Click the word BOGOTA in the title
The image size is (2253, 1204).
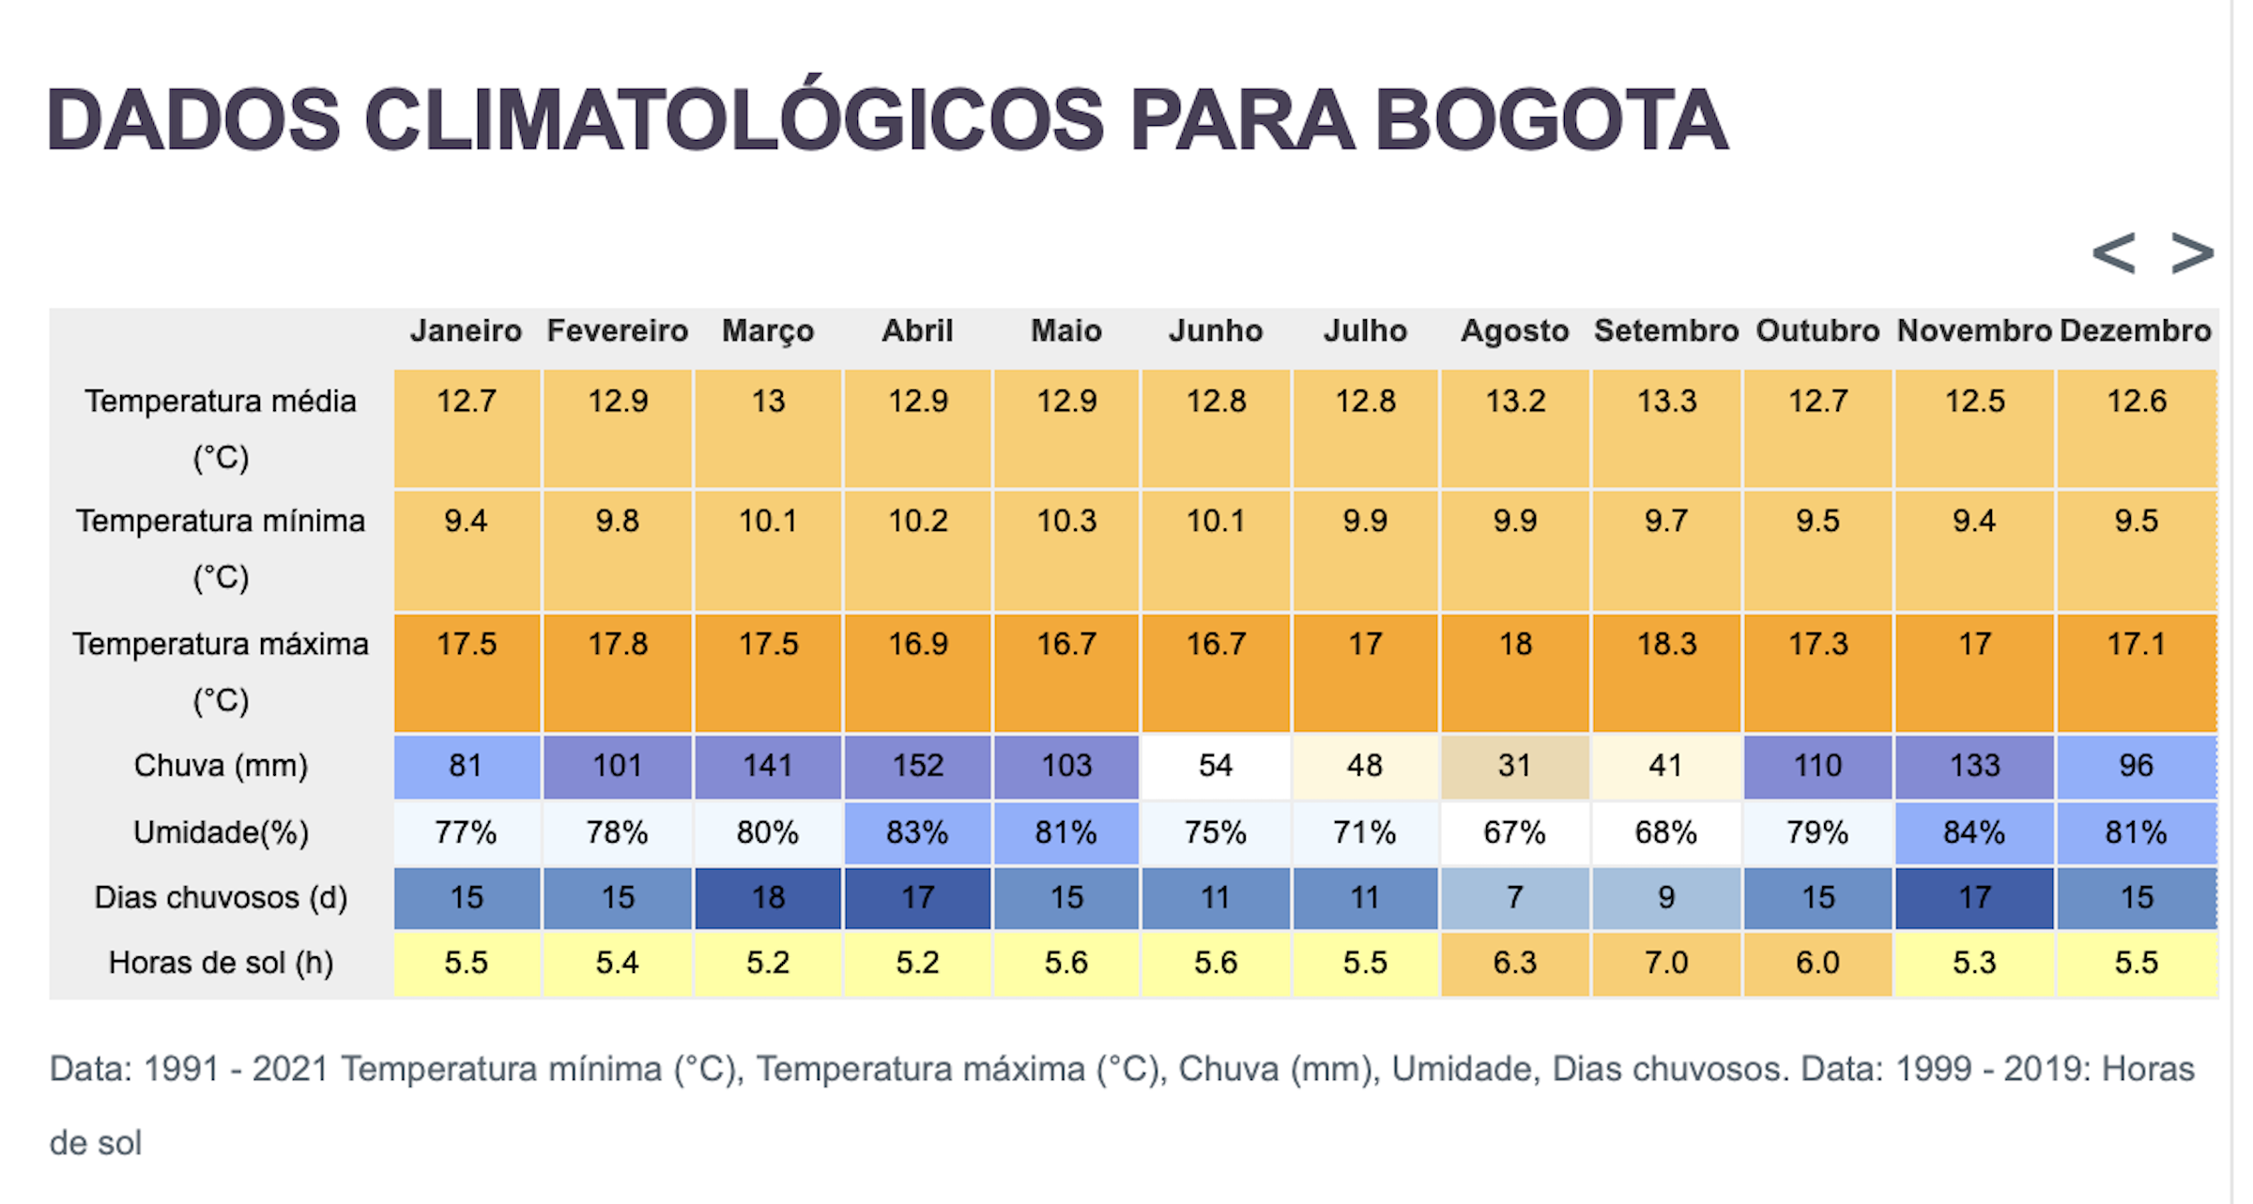1550,121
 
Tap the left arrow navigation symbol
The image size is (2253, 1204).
2113,253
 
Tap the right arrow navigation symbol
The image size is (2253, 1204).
2192,253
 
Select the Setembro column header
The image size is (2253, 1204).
1666,331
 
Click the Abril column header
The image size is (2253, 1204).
917,331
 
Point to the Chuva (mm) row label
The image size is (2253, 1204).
221,766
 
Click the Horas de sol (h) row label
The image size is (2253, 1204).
221,963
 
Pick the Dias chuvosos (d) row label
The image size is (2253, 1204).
221,898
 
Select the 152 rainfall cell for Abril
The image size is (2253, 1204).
917,766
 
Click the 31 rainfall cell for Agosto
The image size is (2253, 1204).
1514,766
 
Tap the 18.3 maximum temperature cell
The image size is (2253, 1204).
1666,645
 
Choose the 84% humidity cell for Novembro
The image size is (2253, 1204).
1974,832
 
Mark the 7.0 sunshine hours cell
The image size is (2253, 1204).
1666,963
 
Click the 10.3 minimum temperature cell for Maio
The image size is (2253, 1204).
1066,521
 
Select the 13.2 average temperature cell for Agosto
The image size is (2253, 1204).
1514,402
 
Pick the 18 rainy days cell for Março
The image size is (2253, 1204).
768,898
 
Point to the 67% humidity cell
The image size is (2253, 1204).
1514,832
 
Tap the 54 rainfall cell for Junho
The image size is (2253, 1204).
1216,766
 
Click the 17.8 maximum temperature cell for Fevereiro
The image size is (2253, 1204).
618,645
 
